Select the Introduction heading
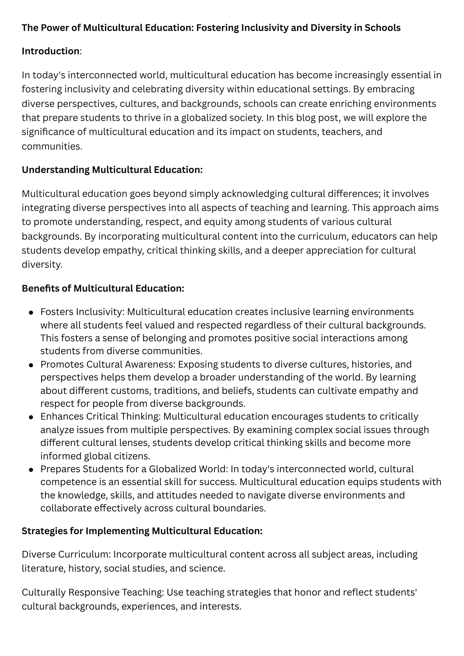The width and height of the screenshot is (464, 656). point(51,51)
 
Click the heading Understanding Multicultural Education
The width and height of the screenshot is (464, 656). point(112,170)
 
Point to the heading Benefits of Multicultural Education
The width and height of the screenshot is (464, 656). point(103,288)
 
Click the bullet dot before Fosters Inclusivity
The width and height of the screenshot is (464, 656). point(31,312)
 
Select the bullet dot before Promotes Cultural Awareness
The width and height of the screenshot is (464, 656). point(31,365)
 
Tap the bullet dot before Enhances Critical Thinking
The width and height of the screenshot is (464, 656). point(31,417)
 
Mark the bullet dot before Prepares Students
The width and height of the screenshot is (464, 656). point(31,470)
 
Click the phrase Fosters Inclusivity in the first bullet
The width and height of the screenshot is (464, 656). point(82,312)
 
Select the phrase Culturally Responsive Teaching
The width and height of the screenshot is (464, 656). point(93,592)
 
